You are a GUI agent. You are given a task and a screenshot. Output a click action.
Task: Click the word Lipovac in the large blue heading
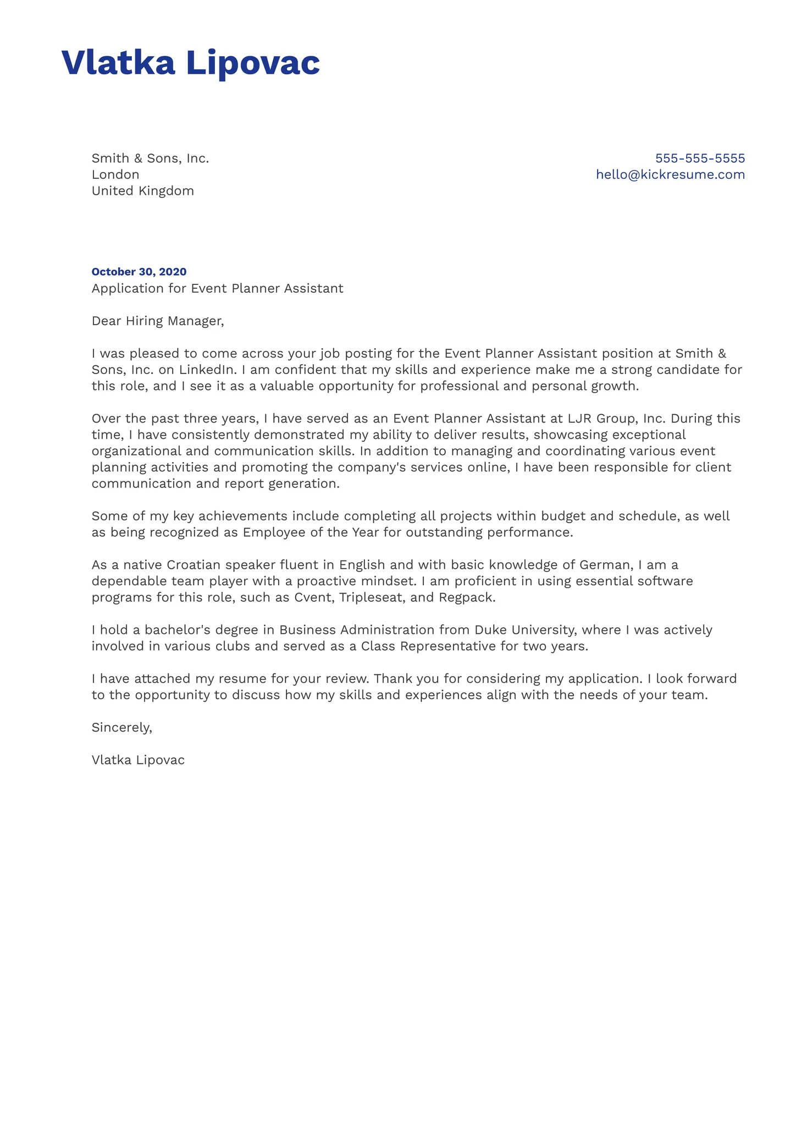(252, 63)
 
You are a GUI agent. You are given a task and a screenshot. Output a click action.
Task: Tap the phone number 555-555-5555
(700, 158)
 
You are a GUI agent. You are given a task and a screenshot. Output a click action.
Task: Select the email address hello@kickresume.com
(670, 175)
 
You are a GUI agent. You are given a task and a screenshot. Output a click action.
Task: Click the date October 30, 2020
(139, 272)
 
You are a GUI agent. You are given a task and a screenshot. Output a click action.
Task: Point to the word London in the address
(115, 175)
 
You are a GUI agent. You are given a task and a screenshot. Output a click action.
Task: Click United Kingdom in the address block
(143, 191)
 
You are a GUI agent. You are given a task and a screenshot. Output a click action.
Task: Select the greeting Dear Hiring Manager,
(158, 321)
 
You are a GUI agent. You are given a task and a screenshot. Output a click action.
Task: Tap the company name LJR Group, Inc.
(616, 419)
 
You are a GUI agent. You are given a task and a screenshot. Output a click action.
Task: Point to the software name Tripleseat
(372, 597)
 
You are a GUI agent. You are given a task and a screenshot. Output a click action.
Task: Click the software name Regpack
(467, 597)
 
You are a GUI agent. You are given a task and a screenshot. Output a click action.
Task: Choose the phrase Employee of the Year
(311, 532)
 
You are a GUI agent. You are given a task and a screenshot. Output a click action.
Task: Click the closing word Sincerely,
(121, 728)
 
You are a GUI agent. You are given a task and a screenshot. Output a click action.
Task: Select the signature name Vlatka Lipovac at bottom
(138, 760)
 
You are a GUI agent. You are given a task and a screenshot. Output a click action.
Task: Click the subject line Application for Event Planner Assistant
(217, 289)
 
